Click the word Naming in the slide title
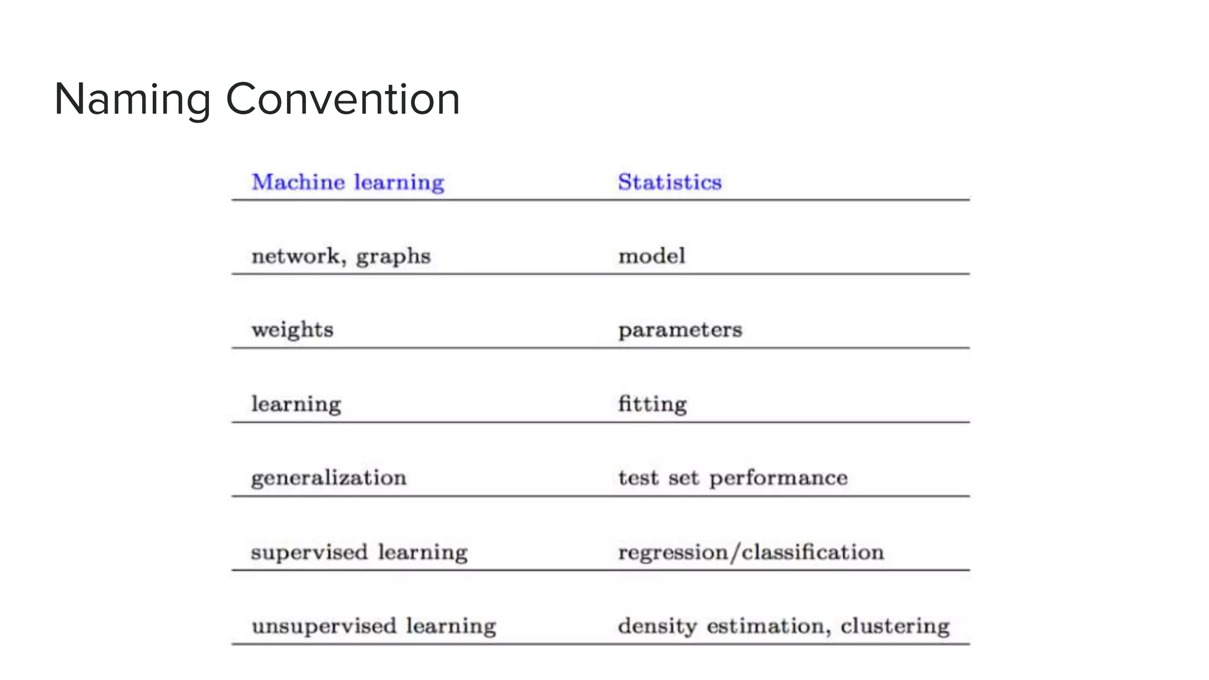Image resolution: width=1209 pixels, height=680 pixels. (132, 99)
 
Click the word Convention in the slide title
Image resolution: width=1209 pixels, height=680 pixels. (342, 99)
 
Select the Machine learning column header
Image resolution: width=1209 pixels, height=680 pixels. (348, 182)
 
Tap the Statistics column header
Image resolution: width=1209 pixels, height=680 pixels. (669, 182)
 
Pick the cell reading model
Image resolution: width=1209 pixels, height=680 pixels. (652, 256)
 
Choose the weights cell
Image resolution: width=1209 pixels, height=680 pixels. (292, 330)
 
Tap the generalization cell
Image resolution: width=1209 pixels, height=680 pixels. (329, 478)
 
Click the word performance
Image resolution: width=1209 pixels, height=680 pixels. (778, 478)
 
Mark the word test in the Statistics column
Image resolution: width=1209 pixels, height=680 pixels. (638, 478)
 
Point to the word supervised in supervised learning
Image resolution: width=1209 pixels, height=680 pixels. (309, 552)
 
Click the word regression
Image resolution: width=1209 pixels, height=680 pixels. (672, 552)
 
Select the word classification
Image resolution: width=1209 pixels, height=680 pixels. (813, 552)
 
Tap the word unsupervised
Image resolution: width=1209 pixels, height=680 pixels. (324, 626)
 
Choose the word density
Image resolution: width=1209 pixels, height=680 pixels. (657, 626)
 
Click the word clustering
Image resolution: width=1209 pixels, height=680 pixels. (895, 626)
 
